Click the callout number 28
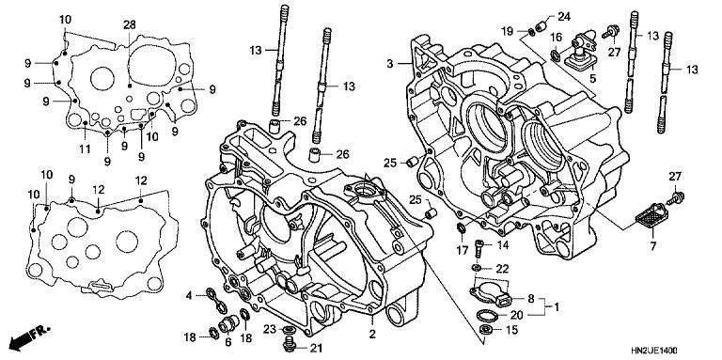click(129, 23)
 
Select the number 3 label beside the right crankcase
click(389, 63)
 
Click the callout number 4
click(188, 295)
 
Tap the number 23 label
click(269, 329)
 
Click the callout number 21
click(315, 349)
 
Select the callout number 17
click(463, 249)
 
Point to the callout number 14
click(502, 245)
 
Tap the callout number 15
click(511, 330)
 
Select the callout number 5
click(592, 80)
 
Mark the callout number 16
click(557, 37)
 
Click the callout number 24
click(563, 17)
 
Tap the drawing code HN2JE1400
click(680, 350)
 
